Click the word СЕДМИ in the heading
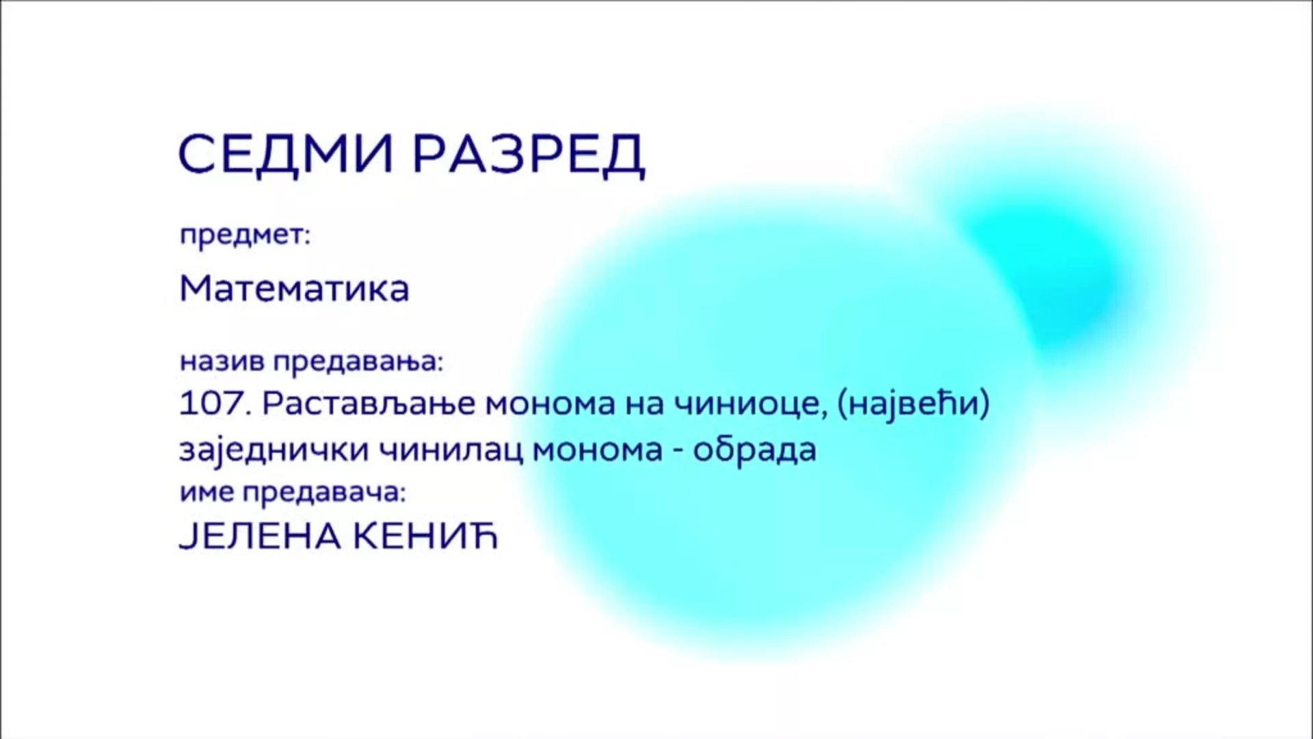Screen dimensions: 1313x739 point(286,153)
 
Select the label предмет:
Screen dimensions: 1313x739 point(245,236)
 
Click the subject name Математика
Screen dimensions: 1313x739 point(294,289)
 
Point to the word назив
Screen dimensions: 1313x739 point(222,361)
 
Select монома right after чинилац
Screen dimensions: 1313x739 point(597,452)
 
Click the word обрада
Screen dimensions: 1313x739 point(755,450)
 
